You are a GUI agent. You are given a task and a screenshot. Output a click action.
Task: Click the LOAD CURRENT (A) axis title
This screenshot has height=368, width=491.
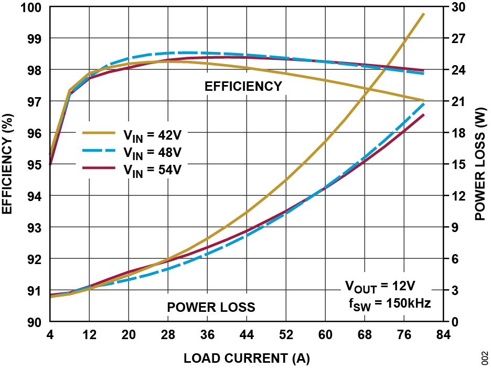[247, 359]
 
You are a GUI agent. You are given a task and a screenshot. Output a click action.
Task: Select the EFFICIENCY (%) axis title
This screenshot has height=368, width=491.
[7, 164]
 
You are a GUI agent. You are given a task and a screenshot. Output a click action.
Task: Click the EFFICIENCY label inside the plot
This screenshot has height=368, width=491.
[243, 87]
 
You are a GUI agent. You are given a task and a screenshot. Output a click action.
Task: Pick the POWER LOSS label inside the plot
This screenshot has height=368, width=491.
[211, 307]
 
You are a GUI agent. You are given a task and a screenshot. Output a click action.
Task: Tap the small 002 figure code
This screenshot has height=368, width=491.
[484, 358]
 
